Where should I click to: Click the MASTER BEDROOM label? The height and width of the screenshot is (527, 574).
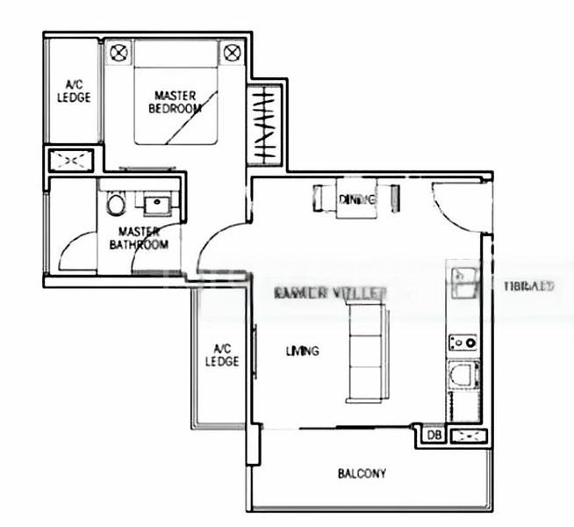(x=175, y=102)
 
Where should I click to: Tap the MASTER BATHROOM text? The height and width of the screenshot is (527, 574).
(x=139, y=238)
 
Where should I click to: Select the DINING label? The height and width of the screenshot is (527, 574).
(x=357, y=199)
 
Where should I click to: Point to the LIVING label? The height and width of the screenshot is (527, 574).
(x=302, y=351)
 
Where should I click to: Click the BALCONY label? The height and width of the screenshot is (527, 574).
(x=362, y=474)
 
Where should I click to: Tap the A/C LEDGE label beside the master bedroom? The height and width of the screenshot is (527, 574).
(x=74, y=91)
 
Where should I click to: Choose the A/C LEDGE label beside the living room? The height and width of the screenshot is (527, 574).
(x=222, y=354)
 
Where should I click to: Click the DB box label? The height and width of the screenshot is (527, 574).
(x=432, y=435)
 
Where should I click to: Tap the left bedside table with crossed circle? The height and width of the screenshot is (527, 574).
(x=118, y=53)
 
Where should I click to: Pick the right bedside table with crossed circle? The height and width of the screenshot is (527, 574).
(x=232, y=53)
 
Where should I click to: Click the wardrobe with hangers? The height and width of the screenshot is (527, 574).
(x=265, y=125)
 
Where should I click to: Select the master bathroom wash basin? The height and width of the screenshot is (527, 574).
(x=155, y=206)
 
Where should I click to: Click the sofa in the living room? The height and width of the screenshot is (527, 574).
(x=365, y=351)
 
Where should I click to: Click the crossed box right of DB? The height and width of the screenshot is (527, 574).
(x=467, y=435)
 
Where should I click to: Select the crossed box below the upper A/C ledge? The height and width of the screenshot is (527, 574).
(x=71, y=160)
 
